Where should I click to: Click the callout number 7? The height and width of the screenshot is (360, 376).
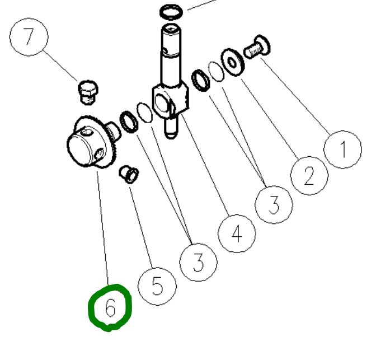pos(29,37)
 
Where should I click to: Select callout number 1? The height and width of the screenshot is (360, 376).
pos(342,149)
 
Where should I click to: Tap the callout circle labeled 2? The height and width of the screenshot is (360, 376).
pos(309,175)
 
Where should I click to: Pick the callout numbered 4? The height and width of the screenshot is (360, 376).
pos(237,233)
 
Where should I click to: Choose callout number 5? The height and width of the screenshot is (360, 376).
pos(157,286)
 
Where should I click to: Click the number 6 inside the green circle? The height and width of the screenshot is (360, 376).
pos(110,308)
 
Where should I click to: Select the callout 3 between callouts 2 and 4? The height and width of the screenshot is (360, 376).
pos(274,204)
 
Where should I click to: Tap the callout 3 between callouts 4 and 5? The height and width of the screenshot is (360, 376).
pos(198,262)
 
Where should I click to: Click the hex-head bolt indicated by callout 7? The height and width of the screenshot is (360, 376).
pos(88,92)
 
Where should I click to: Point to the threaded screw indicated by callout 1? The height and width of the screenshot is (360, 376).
pos(257,47)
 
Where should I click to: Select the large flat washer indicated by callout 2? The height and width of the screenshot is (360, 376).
pos(233,62)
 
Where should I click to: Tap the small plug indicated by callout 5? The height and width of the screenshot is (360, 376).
pos(129,174)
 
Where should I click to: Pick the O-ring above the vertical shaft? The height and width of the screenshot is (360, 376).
pos(171,12)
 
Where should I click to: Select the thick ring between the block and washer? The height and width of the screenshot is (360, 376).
pos(201,81)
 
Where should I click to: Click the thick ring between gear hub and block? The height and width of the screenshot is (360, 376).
pos(129,122)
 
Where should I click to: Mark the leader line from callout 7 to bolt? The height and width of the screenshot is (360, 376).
pos(60,66)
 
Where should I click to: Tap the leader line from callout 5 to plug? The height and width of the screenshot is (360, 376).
pos(141,227)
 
